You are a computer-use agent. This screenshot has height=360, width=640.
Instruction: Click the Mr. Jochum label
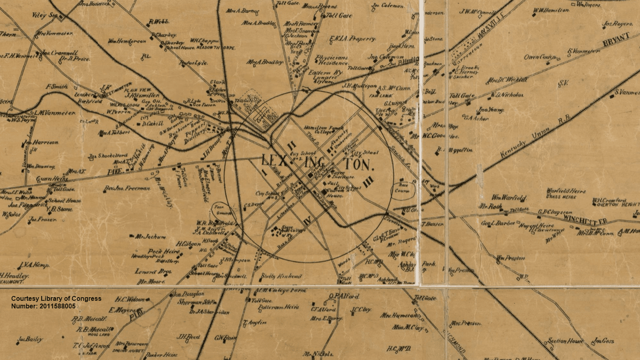pos(150,236)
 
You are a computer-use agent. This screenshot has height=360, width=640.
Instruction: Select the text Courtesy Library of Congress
pos(56,299)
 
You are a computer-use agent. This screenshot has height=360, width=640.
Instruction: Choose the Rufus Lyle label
pos(193,63)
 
